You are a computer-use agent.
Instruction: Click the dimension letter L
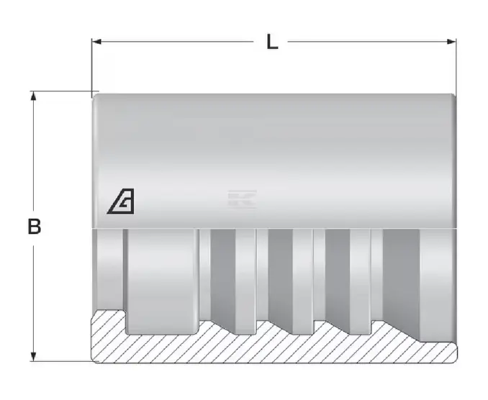pos(272,42)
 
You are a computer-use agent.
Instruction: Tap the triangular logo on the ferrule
pos(121,201)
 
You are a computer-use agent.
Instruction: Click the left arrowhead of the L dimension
pos(96,42)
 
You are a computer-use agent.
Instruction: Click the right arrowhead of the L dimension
pos(451,42)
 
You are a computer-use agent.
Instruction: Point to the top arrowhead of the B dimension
pos(34,96)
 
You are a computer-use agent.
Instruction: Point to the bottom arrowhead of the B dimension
pos(34,356)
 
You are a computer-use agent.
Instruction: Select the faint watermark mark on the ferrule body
pos(242,199)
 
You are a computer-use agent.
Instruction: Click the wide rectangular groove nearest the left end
pos(162,281)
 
